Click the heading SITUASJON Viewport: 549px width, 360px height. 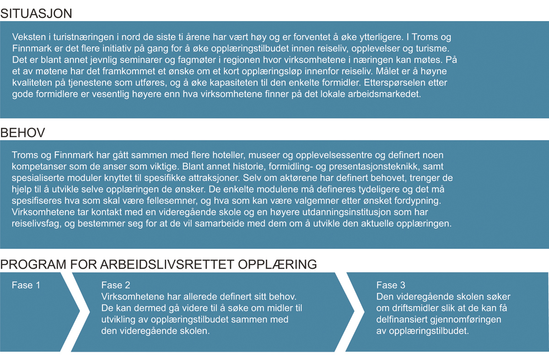coord(37,13)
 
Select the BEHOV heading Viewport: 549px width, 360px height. coord(23,133)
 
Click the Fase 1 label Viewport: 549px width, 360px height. coord(26,285)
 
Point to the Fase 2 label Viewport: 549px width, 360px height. coord(115,285)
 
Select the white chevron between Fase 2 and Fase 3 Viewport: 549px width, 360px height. coord(350,312)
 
